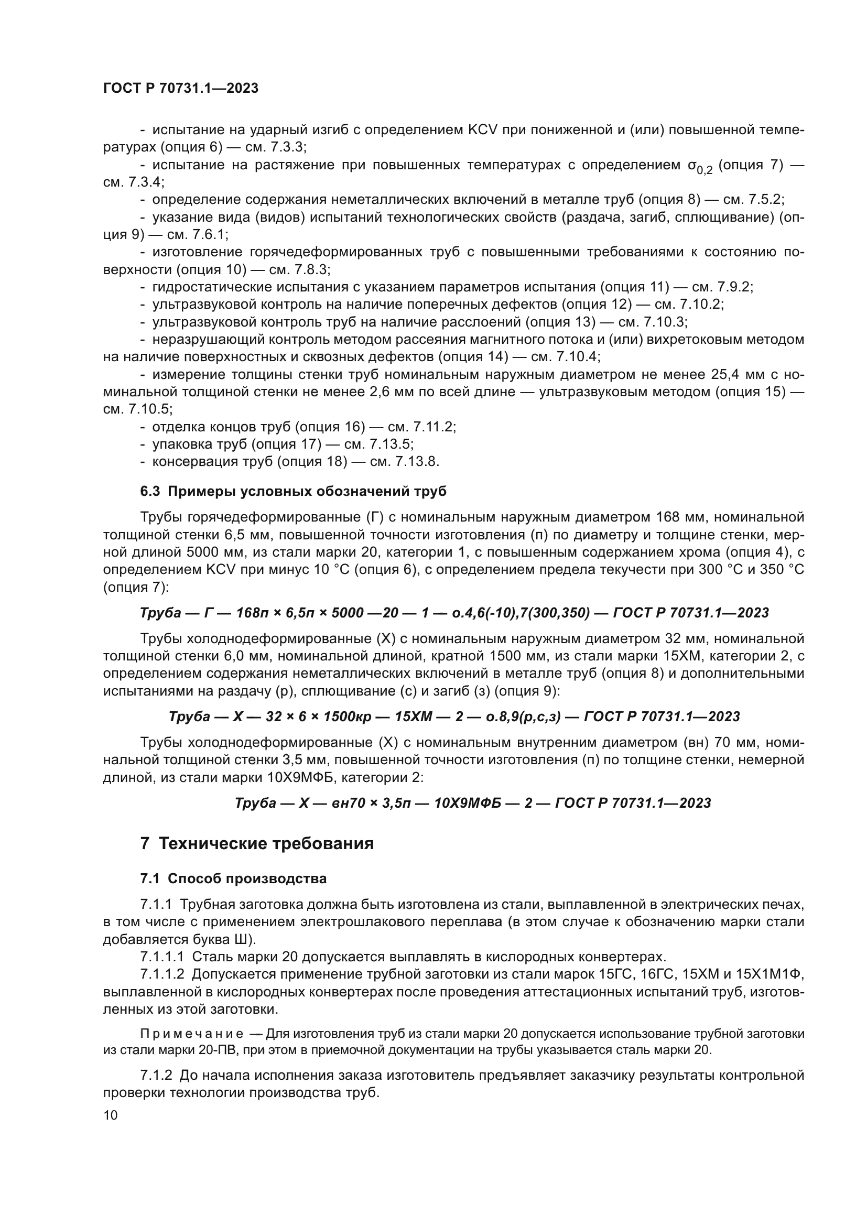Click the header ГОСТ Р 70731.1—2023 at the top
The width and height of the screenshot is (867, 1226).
tap(180, 88)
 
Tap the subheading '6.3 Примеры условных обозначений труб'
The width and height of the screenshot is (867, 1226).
tap(293, 491)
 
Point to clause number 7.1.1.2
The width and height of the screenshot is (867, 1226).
tap(162, 974)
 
